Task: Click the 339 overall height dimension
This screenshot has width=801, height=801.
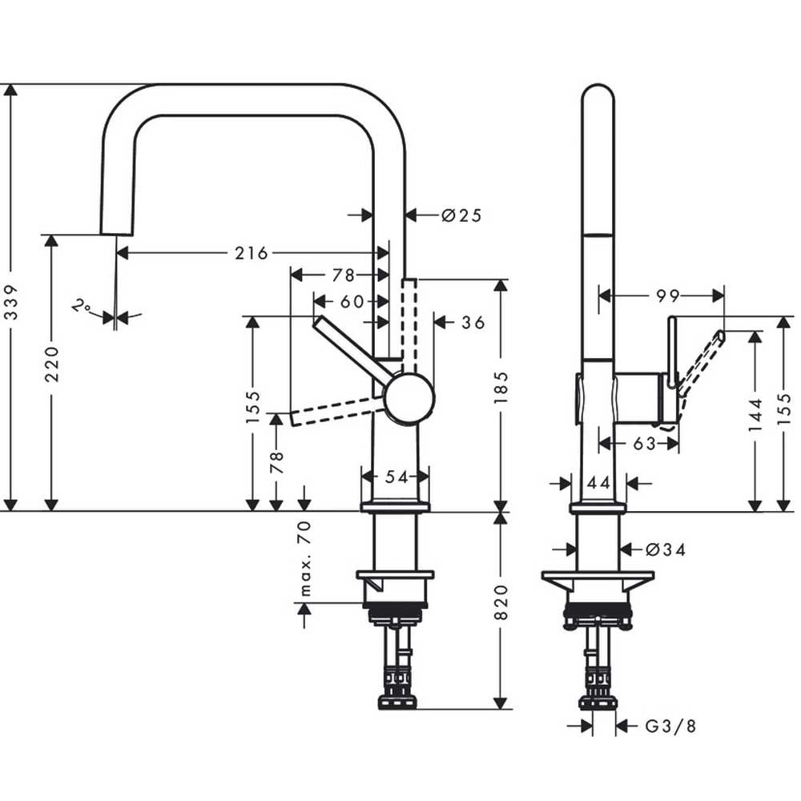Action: tap(10, 302)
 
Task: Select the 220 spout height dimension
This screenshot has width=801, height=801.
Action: tap(52, 364)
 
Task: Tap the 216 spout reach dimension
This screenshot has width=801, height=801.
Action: tap(252, 253)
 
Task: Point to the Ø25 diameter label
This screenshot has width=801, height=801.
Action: tap(461, 215)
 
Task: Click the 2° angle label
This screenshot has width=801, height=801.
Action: tap(81, 307)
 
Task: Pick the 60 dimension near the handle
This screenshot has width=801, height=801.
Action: tap(352, 302)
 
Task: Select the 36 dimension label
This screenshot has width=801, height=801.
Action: tap(473, 322)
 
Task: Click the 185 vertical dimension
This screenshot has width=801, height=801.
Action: tap(501, 388)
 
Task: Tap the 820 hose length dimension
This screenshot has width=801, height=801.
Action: tap(501, 603)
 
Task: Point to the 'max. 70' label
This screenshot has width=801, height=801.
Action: tap(304, 559)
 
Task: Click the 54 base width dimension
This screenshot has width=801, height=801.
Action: tap(397, 477)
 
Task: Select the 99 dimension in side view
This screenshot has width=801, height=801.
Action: tap(668, 296)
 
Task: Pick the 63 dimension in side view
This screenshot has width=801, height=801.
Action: tap(644, 444)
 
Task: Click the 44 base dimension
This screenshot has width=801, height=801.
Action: tap(598, 483)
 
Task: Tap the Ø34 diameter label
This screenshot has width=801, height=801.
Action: tap(666, 549)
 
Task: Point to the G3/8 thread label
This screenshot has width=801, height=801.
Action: tap(670, 726)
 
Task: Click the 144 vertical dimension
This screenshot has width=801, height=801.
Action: tap(755, 414)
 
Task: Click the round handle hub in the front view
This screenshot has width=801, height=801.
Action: tap(409, 398)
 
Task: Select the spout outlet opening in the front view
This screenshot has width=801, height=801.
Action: tap(116, 235)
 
